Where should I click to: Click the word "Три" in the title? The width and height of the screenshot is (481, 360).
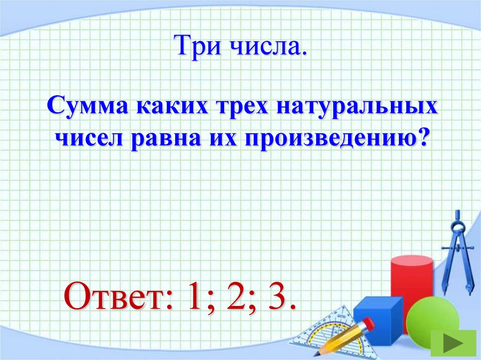(x=194, y=47)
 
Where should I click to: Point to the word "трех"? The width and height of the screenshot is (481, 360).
(x=242, y=108)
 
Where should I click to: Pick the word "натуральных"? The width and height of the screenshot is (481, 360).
(x=357, y=109)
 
